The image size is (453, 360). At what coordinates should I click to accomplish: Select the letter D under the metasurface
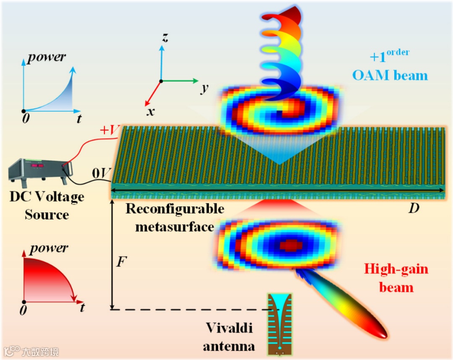(414, 208)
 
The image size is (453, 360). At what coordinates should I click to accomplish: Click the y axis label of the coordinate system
(205, 89)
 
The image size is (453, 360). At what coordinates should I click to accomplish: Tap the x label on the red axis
(151, 112)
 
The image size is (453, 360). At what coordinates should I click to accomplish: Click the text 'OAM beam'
(390, 76)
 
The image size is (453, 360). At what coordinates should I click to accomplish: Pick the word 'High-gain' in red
(396, 269)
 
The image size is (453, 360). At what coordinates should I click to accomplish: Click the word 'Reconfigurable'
(175, 209)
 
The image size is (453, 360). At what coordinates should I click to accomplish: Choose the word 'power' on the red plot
(49, 248)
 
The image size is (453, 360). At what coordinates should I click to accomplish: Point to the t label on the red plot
(82, 308)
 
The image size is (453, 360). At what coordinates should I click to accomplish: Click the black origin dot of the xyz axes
(161, 81)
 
